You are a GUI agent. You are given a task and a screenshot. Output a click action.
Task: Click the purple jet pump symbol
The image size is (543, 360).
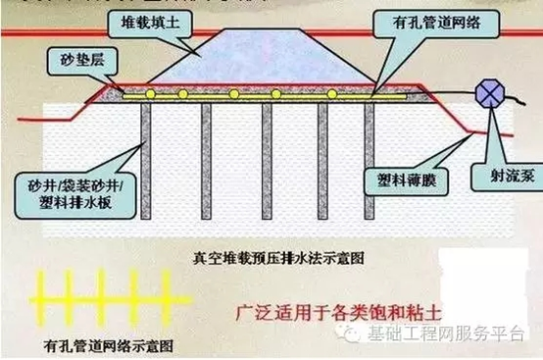pos(486,95)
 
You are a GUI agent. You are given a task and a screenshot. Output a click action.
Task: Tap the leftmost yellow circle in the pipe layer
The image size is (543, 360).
pos(150,94)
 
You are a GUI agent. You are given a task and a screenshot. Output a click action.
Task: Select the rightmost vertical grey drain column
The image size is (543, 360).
pos(370,157)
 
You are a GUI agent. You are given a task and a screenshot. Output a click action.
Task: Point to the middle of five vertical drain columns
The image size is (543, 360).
pos(265,157)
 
